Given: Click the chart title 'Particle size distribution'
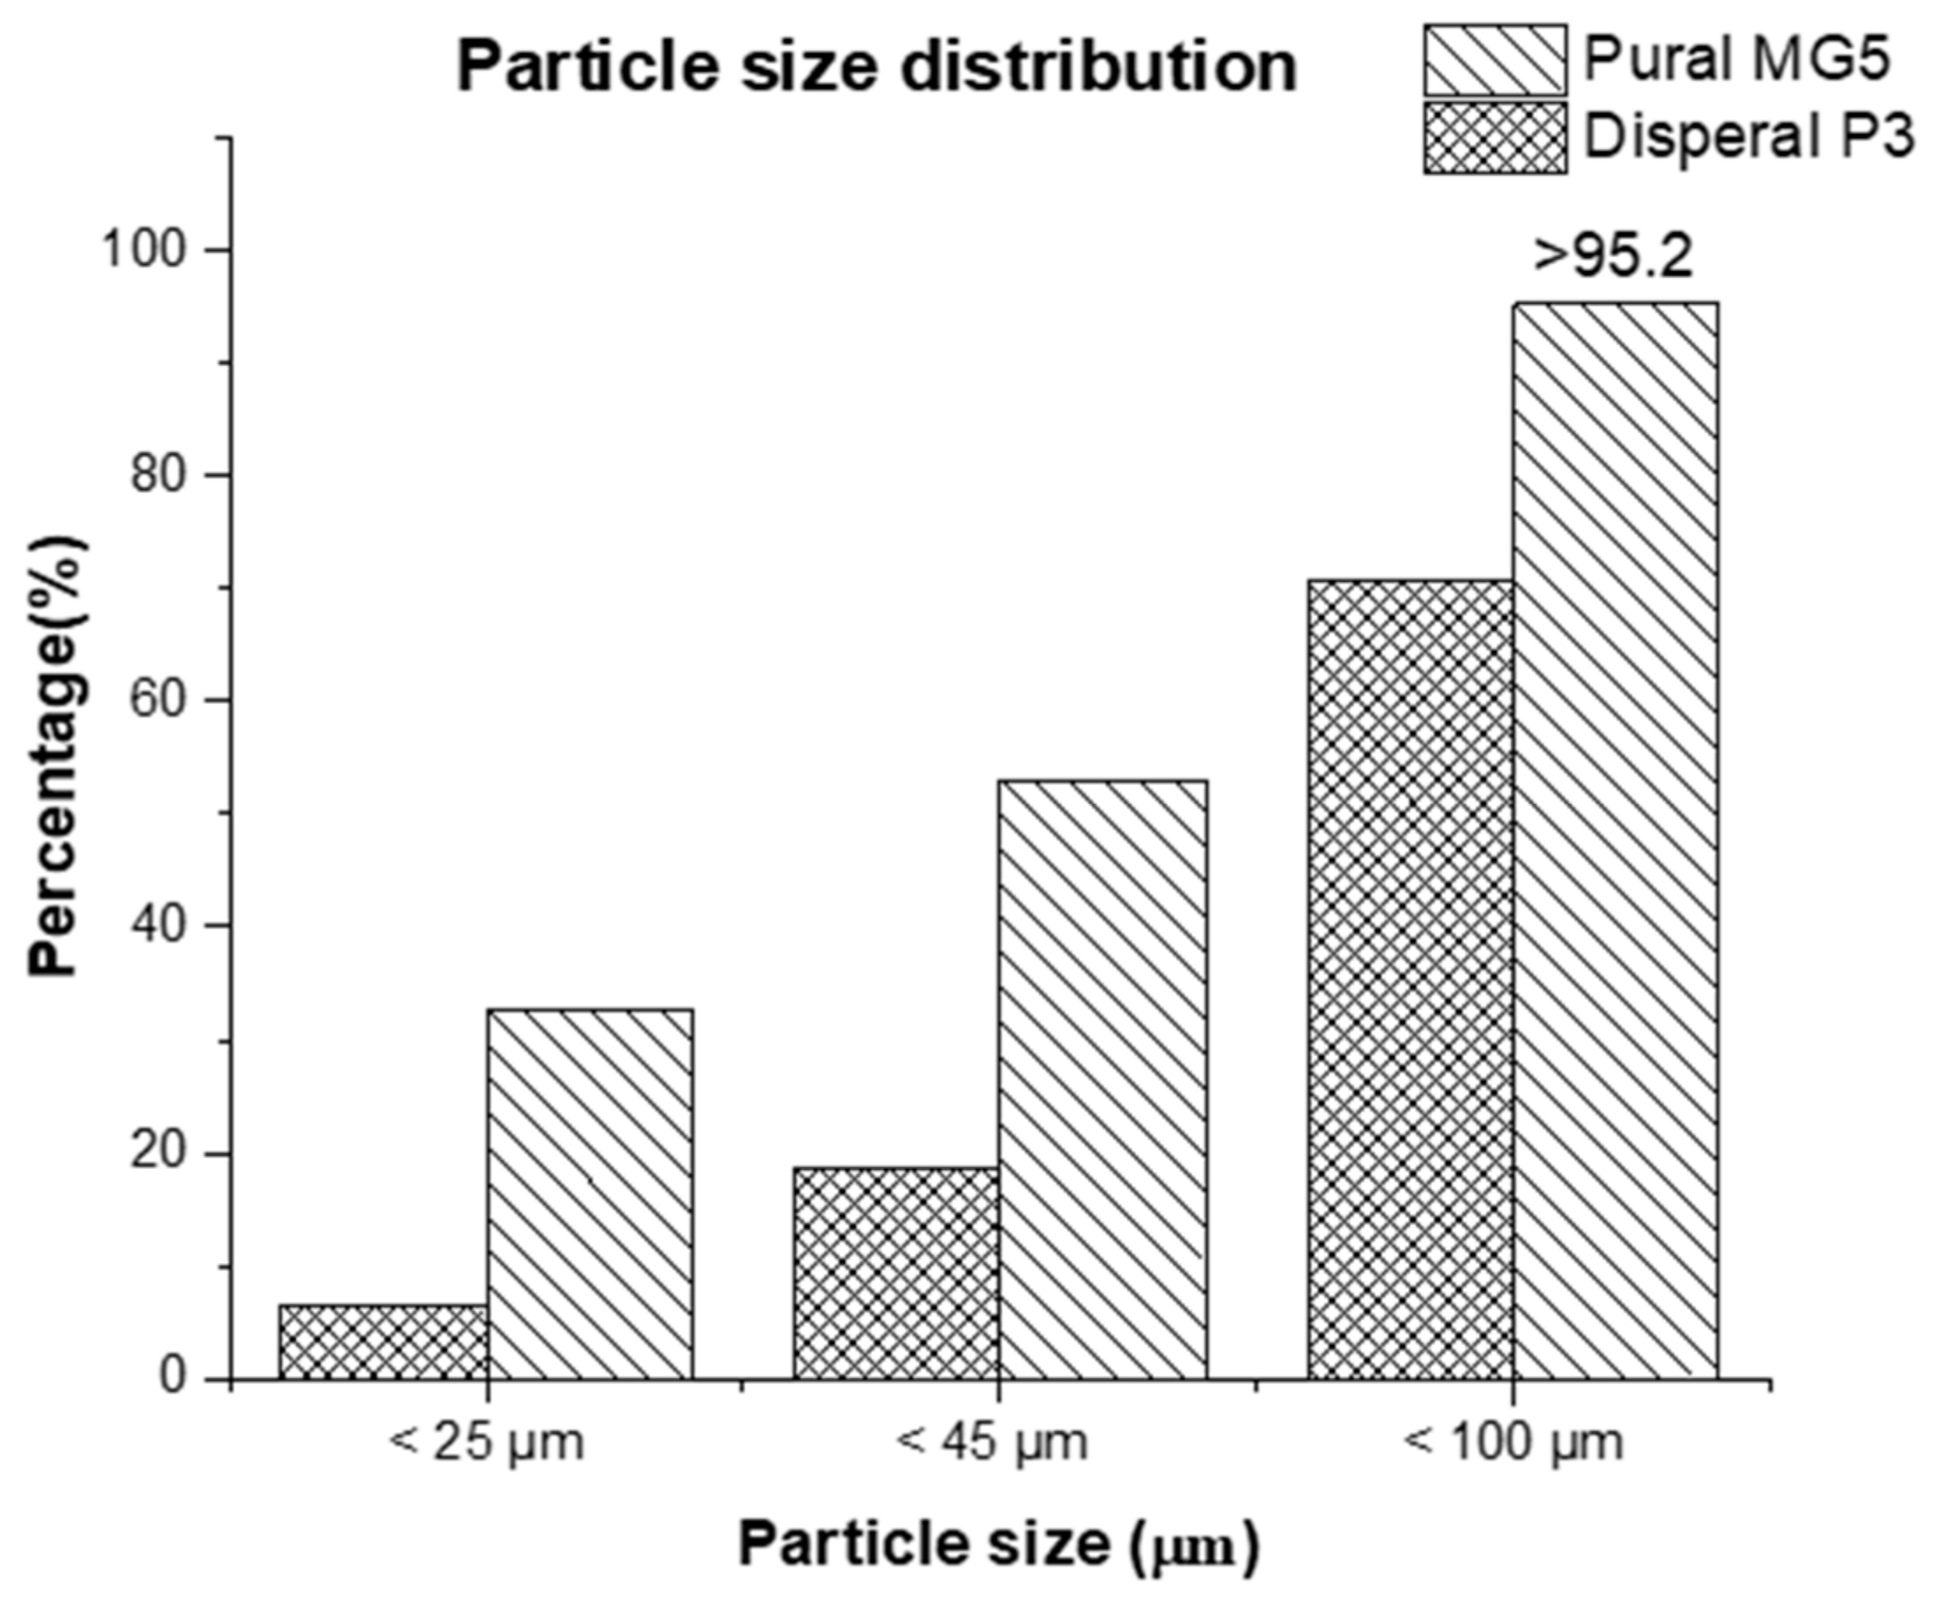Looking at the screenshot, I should pos(877,66).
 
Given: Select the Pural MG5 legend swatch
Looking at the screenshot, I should pos(1494,60).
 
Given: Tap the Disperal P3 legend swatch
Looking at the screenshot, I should pos(1494,138).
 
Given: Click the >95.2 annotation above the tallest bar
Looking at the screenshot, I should pos(1613,257).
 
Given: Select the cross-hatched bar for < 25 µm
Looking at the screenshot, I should pos(383,1341).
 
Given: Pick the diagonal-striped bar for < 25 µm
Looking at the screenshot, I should pos(591,1194).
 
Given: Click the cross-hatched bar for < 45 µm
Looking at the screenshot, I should pos(895,1274).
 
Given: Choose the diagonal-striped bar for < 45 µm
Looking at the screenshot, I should pos(1103,1080).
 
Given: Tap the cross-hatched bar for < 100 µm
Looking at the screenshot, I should pos(1410,980).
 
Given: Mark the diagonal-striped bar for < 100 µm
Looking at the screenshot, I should pos(1616,841).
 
